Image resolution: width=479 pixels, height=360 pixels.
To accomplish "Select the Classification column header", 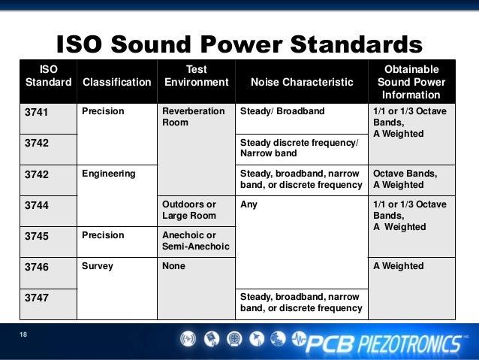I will pos(116,82).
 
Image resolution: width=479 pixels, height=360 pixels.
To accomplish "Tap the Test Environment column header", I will pos(196,76).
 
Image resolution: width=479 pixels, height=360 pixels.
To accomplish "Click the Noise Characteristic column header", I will pos(300,82).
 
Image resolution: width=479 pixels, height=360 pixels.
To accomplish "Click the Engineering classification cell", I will pos(109,174).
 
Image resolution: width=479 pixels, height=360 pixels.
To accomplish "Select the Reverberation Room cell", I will pos(194,116).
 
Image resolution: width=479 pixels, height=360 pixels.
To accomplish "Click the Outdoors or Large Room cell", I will pos(190,210).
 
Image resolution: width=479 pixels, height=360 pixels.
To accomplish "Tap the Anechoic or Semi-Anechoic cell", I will pos(195,241).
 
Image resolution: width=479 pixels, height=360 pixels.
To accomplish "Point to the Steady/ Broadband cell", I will pos(282,111).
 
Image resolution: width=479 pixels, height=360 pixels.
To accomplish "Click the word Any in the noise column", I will pos(249,204).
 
